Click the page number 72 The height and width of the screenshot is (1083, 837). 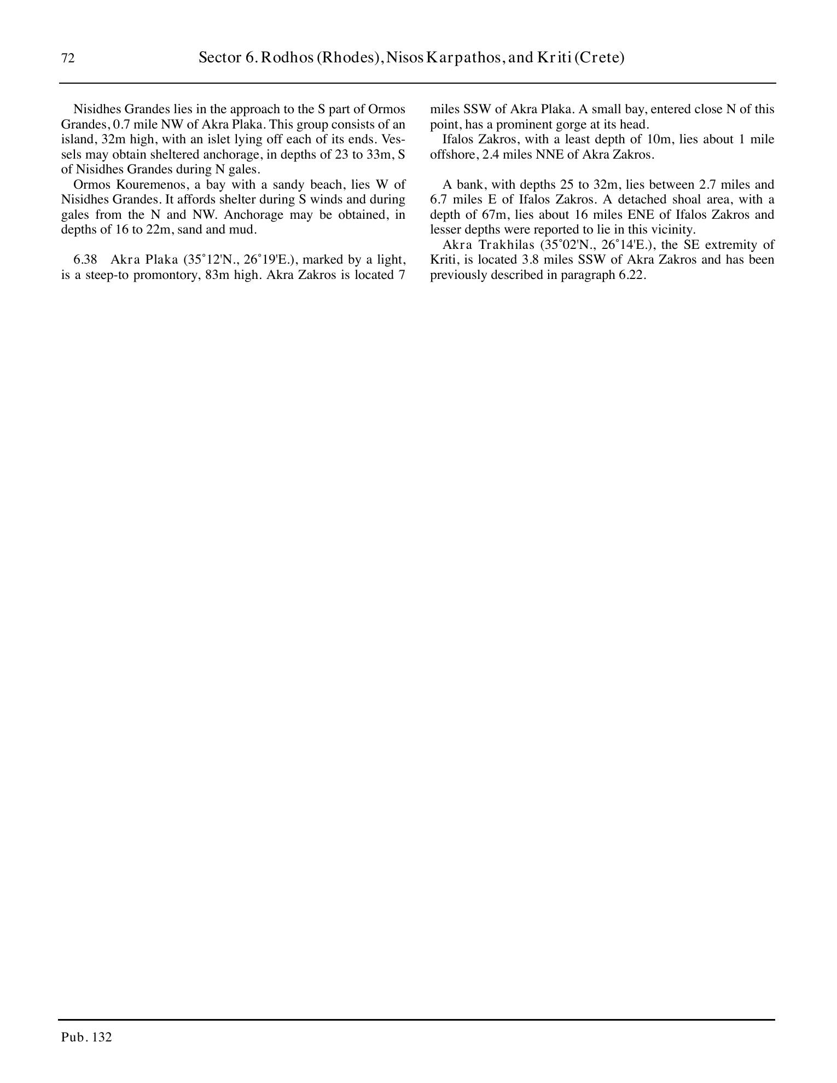point(68,59)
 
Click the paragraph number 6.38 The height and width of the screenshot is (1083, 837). point(85,259)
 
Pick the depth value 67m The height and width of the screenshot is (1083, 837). point(495,214)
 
